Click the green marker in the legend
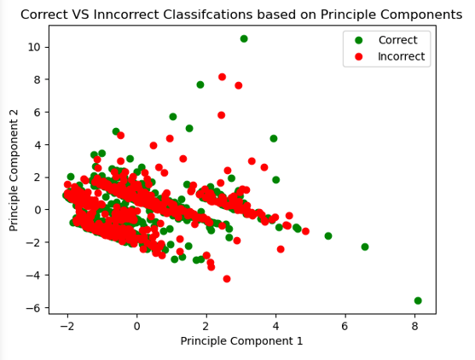(x=357, y=39)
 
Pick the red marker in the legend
(x=357, y=55)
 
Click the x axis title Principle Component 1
(x=242, y=341)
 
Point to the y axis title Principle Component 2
(x=14, y=169)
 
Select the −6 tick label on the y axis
(x=33, y=308)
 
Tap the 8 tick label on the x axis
(x=414, y=326)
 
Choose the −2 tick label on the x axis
(x=67, y=326)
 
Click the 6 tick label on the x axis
(x=345, y=326)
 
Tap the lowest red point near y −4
(x=227, y=279)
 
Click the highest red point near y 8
(x=223, y=77)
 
